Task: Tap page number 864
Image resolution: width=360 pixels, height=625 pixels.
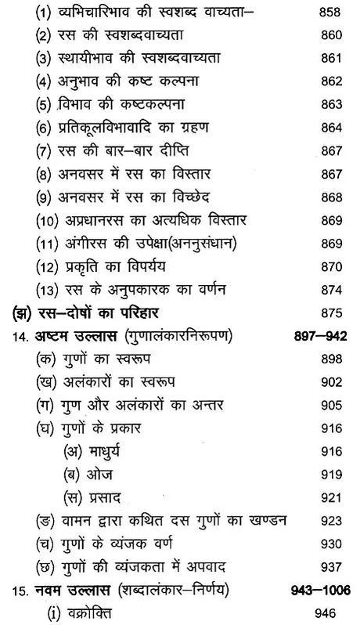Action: tap(326, 128)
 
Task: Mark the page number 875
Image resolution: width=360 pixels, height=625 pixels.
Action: tap(326, 313)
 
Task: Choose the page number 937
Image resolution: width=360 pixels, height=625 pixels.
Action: tap(326, 566)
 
